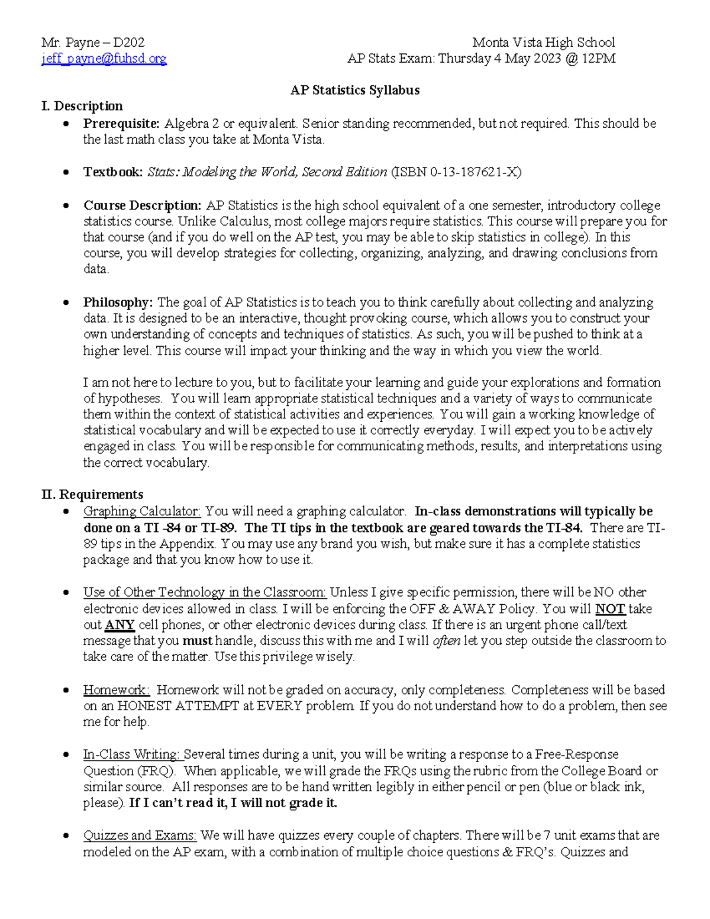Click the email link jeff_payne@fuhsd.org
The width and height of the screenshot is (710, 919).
(104, 59)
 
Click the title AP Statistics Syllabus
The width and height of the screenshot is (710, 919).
(354, 90)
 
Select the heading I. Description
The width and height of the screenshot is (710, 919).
(82, 106)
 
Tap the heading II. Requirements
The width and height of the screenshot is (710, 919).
(92, 494)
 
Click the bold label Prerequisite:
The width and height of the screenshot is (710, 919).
(121, 124)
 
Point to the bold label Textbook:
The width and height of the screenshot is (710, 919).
(113, 172)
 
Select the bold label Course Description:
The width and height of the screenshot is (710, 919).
(143, 205)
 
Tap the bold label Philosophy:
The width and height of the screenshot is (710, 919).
(118, 302)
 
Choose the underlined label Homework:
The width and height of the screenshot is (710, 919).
(117, 690)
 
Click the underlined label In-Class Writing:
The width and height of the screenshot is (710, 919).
(131, 754)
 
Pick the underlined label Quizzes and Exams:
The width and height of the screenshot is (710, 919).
(140, 836)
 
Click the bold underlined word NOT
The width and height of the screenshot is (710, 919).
(610, 609)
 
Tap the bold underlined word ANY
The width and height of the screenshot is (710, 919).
(120, 625)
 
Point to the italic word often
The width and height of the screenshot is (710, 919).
(447, 641)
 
